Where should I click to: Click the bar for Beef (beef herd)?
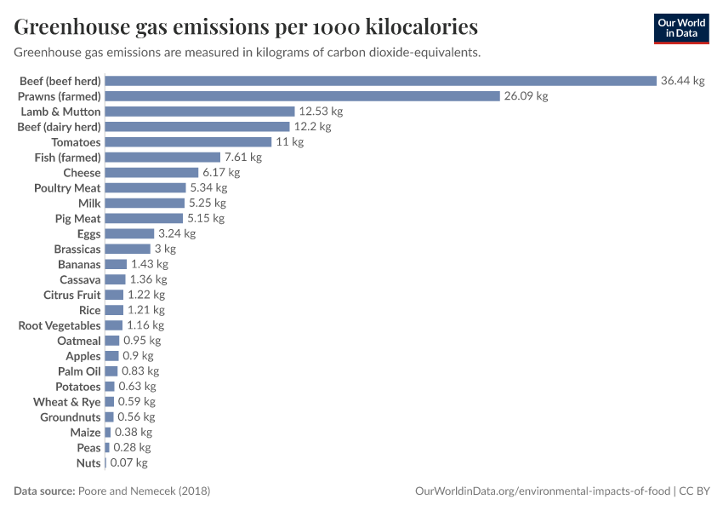tap(380, 81)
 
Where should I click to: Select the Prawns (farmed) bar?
tap(302, 96)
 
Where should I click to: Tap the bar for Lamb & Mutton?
tap(200, 112)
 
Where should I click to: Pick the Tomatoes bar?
tap(188, 142)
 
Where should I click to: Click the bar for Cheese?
tap(151, 173)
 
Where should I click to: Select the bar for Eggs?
tap(129, 233)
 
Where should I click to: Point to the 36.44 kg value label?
tap(683, 81)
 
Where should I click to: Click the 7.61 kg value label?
tap(242, 158)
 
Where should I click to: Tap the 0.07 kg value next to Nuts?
tap(128, 462)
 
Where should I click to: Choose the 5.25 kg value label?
tap(207, 203)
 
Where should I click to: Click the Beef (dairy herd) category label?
tap(59, 127)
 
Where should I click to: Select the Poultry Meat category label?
tap(67, 188)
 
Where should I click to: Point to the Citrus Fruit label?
tap(72, 295)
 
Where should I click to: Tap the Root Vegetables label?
tap(60, 325)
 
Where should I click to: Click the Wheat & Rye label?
tap(67, 402)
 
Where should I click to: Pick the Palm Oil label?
tap(79, 371)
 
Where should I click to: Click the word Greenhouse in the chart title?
tap(71, 26)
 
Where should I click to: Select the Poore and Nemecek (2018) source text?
tap(144, 491)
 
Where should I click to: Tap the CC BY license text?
tap(695, 491)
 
